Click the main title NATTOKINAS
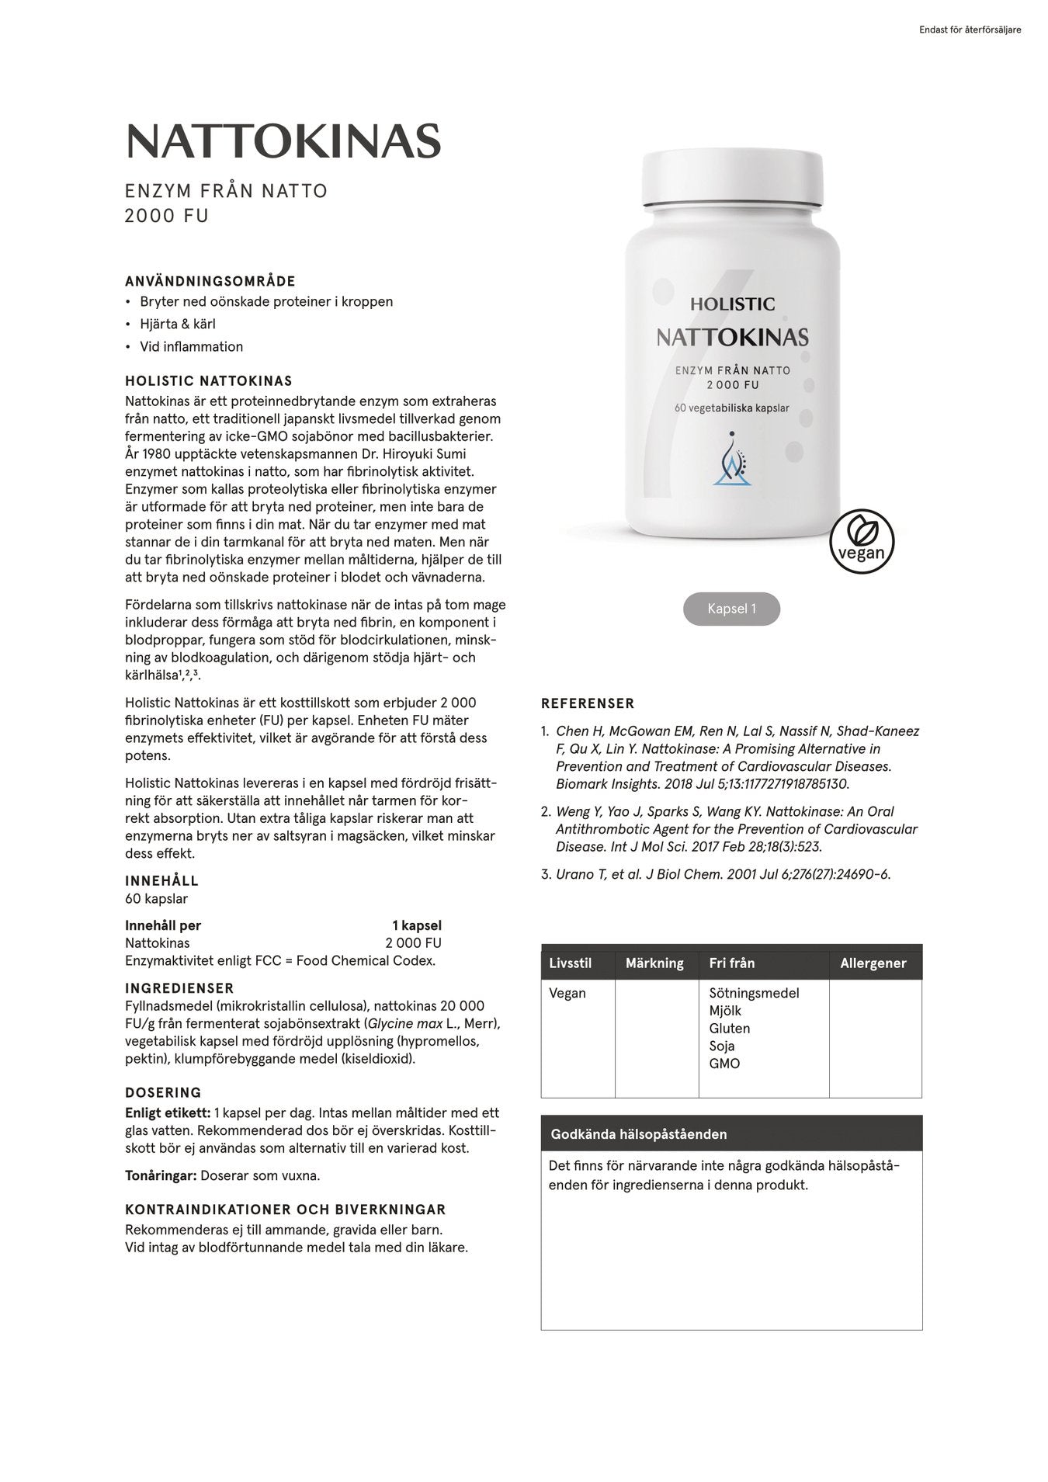283,141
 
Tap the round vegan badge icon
862,541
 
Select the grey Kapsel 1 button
731,609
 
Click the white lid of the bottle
733,178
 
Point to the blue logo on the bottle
732,460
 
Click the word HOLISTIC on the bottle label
732,304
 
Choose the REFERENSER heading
588,703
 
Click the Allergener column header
873,963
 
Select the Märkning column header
654,963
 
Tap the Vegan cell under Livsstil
567,993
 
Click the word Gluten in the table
729,1029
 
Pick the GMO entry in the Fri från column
724,1064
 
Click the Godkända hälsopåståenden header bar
731,1134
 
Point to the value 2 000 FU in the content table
413,943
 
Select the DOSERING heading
163,1093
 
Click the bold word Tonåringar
161,1175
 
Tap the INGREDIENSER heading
179,988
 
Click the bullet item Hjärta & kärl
178,325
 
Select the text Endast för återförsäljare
970,30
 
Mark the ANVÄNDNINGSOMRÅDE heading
210,282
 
